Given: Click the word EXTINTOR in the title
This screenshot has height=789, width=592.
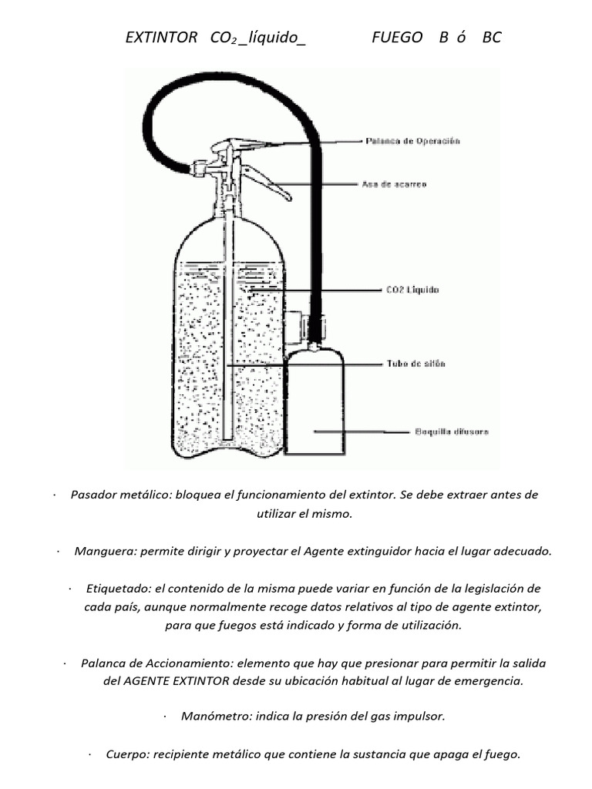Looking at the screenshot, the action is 161,37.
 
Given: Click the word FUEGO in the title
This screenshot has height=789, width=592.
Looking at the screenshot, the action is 397,37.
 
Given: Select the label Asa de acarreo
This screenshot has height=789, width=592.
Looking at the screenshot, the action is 394,184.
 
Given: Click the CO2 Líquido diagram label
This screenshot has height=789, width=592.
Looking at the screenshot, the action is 412,290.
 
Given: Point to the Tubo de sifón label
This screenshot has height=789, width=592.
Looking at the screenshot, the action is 415,363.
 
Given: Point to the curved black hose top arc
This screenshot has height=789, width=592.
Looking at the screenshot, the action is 231,77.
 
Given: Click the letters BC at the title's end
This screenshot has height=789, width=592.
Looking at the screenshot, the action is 492,37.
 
